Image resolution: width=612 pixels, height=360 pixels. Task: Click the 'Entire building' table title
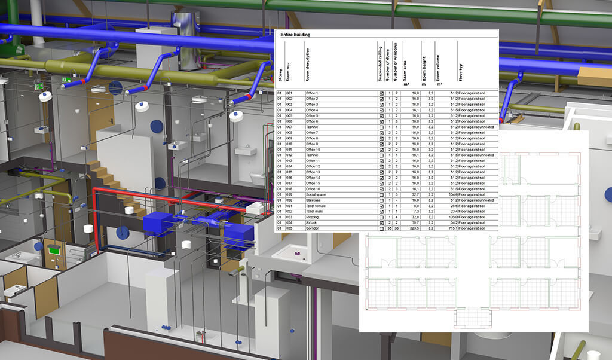(293, 35)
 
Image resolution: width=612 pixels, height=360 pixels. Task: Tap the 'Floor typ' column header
(460, 66)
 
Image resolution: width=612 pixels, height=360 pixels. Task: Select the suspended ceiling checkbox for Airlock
(381, 223)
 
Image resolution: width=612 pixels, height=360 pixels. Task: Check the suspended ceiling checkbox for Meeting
(381, 217)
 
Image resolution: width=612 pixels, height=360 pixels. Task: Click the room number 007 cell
(289, 127)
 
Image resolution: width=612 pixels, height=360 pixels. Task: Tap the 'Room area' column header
(405, 66)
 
